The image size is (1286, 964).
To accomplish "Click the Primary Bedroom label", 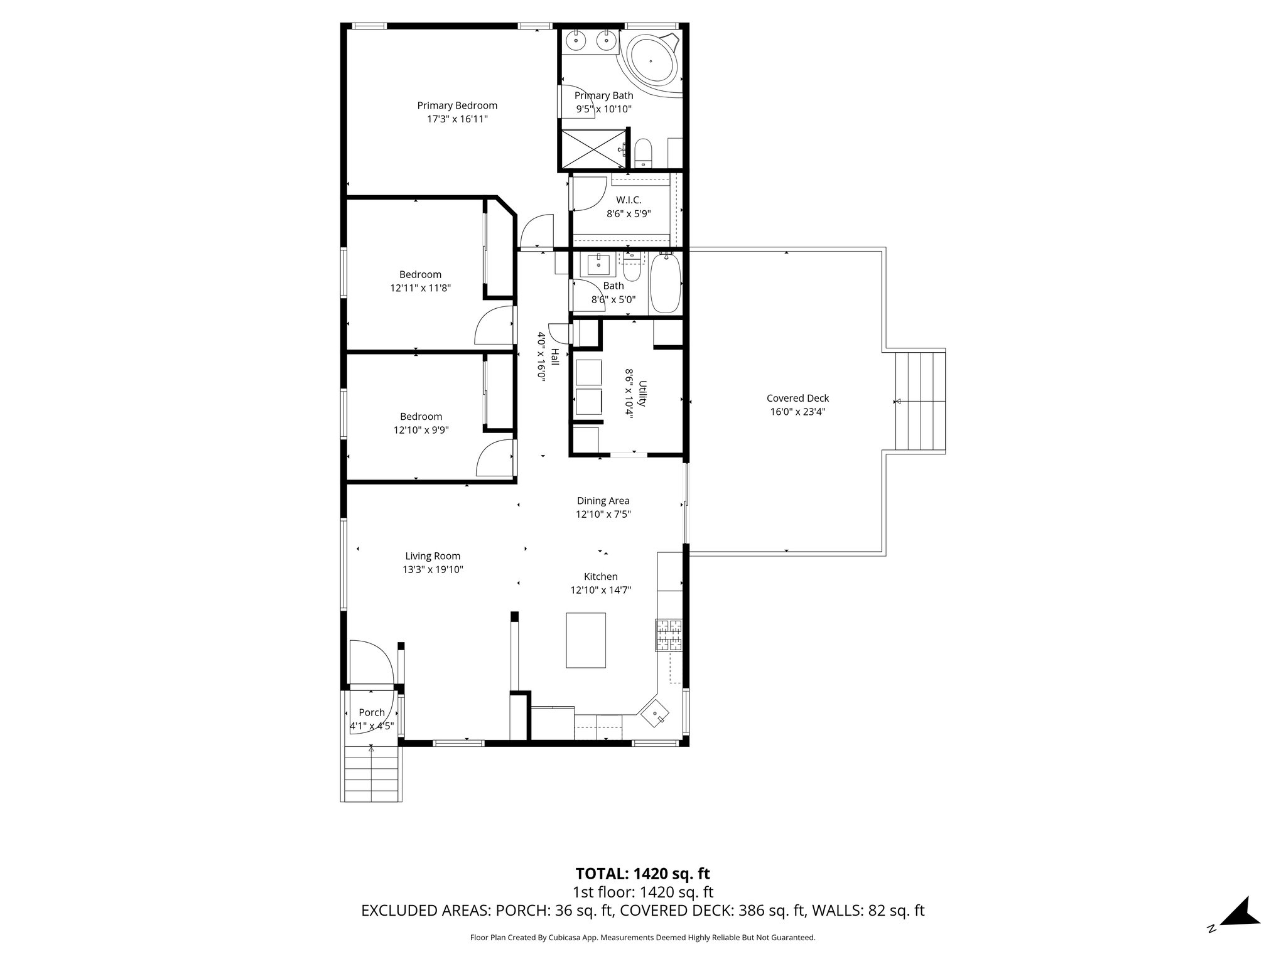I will coord(457,105).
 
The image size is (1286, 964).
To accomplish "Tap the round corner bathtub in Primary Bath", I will coord(651,62).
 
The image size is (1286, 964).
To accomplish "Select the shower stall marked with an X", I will coord(593,149).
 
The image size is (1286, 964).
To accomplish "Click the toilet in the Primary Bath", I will coord(644,153).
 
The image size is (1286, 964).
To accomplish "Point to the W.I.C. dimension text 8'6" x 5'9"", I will coord(629,213).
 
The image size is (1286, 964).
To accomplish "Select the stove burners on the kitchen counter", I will coord(669,635).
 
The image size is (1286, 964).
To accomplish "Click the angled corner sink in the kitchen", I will coord(656,712).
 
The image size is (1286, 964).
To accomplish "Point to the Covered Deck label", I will coord(797,398).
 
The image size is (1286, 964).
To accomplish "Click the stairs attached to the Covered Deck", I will coord(919,402).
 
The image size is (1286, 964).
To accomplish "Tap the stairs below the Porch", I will coord(371,776).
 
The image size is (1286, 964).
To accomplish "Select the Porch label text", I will coord(372,712).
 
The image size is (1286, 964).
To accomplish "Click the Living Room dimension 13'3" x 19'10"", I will coord(433,570).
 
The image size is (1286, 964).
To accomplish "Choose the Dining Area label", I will coord(603,500).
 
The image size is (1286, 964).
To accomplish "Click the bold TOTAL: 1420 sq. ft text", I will coord(642,873).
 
